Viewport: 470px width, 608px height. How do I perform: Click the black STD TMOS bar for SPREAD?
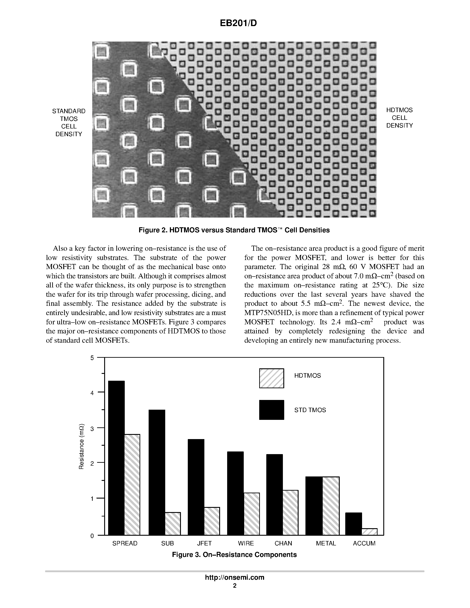[116, 458]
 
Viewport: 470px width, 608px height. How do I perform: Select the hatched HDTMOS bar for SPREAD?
[132, 484]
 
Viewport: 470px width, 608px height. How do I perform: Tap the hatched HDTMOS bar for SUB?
[173, 523]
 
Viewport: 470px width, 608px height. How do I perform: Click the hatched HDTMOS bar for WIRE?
[252, 514]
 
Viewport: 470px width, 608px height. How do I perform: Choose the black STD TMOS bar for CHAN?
[274, 494]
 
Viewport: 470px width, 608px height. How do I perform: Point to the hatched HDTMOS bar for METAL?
[331, 506]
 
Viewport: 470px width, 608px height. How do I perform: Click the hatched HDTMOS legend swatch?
[271, 378]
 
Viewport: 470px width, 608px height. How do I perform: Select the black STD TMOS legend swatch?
[271, 410]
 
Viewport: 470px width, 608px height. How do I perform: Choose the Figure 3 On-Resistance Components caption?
[234, 554]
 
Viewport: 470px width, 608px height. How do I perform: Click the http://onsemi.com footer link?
[234, 577]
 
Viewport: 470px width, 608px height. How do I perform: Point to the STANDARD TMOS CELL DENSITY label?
[69, 122]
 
